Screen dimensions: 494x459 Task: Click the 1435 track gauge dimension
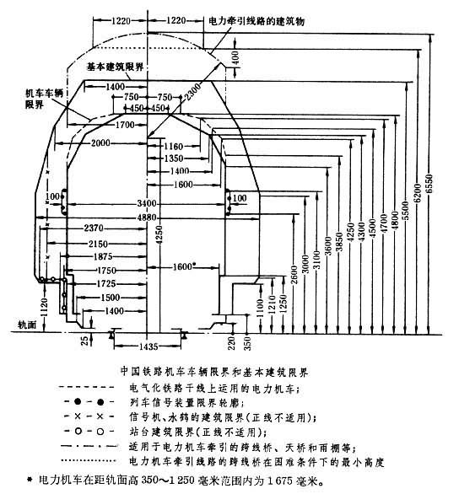point(148,346)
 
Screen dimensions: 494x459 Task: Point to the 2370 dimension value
point(92,228)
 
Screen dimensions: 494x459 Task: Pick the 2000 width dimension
point(103,144)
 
